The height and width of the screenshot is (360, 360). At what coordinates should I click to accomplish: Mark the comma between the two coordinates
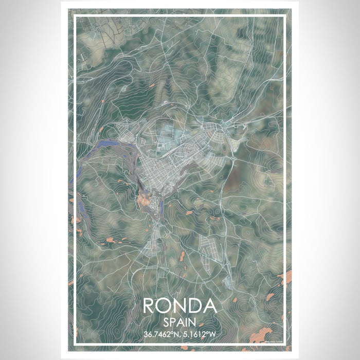(179, 335)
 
